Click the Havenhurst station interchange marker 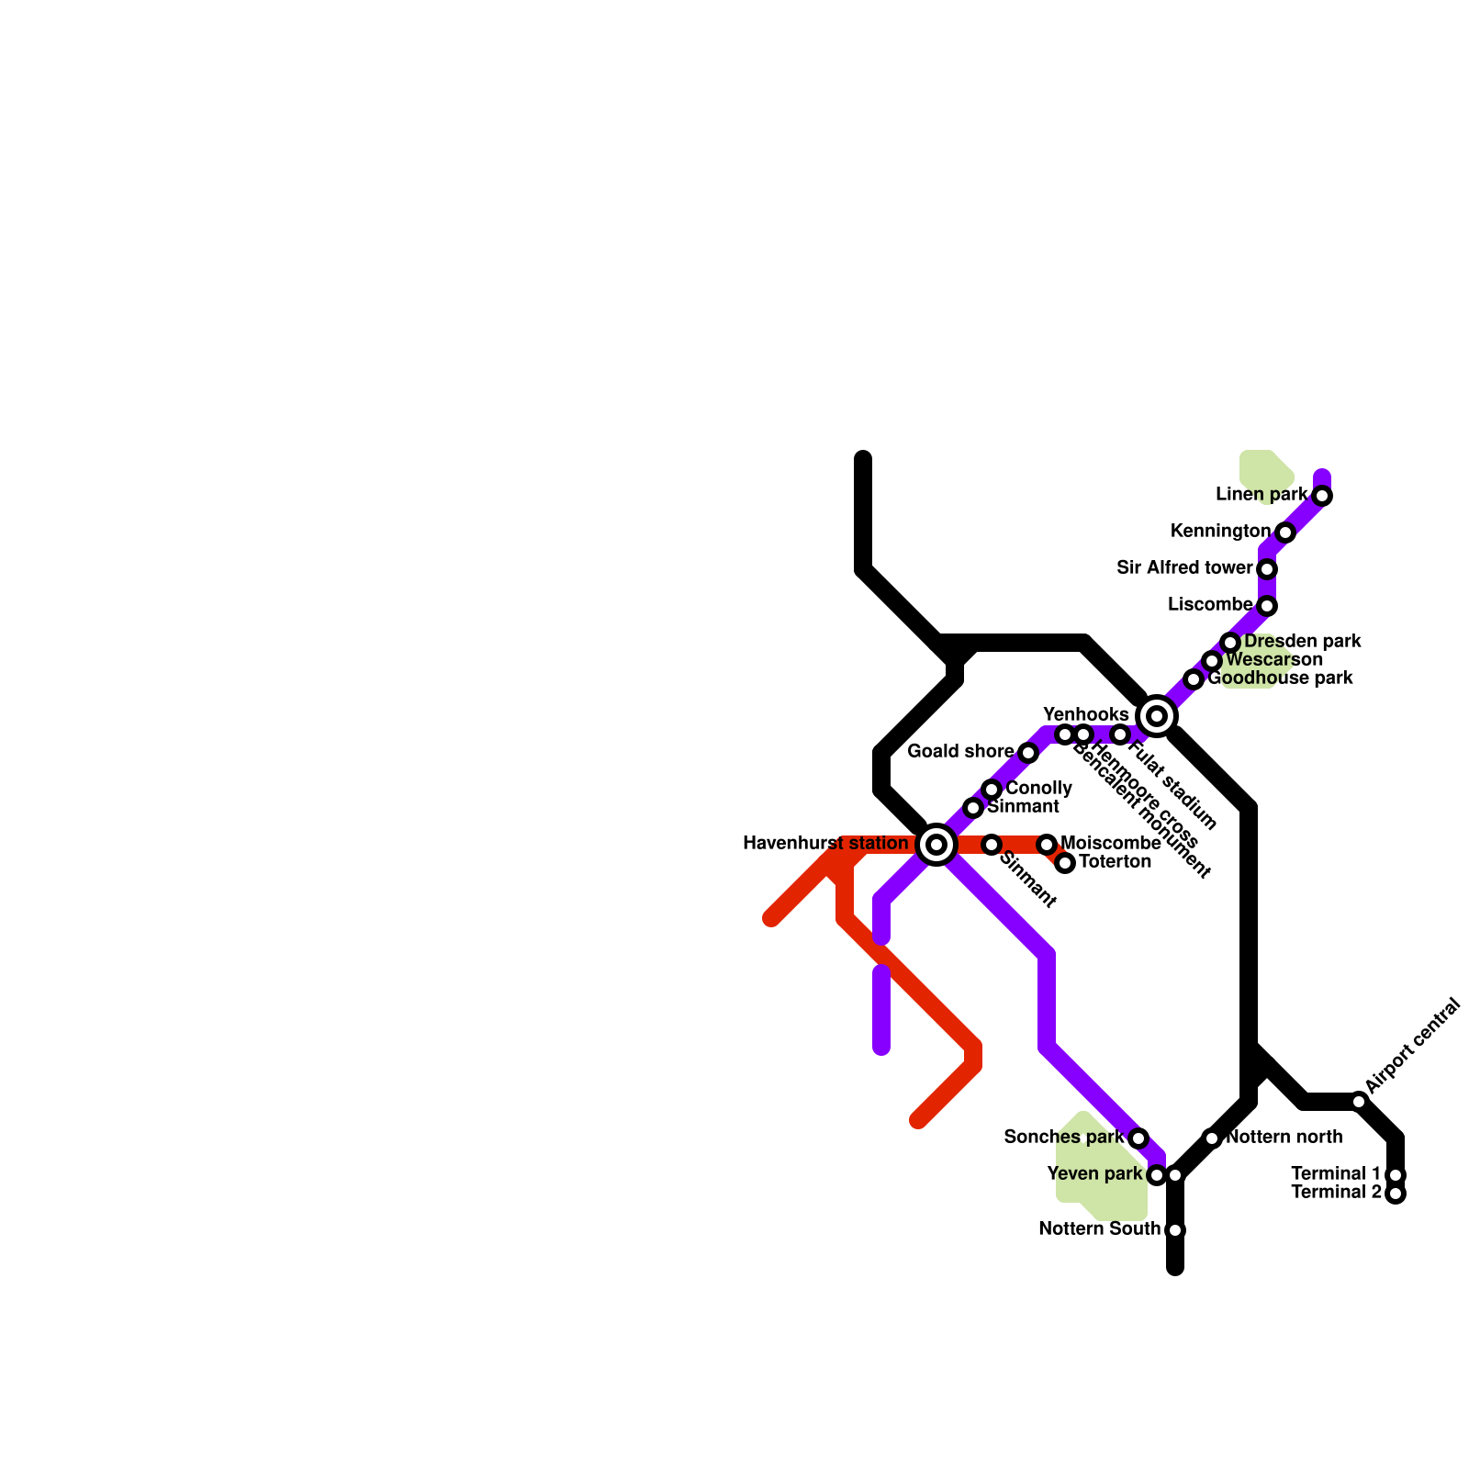tap(936, 845)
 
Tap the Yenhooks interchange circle tap(1157, 716)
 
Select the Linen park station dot tap(1322, 496)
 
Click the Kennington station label tap(1220, 532)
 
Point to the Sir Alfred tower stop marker tap(1267, 569)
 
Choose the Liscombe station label tap(1209, 605)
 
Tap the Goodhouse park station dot tap(1194, 679)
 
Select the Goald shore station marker tap(1028, 753)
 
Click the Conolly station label tap(1038, 788)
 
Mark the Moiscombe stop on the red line tap(1047, 845)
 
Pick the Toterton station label tap(1115, 861)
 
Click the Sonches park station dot tap(1138, 1138)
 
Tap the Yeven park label tap(1094, 1174)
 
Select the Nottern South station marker tap(1175, 1230)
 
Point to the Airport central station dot tap(1359, 1102)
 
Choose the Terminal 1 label tap(1336, 1174)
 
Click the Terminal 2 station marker tap(1396, 1194)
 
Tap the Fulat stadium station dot tap(1120, 734)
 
